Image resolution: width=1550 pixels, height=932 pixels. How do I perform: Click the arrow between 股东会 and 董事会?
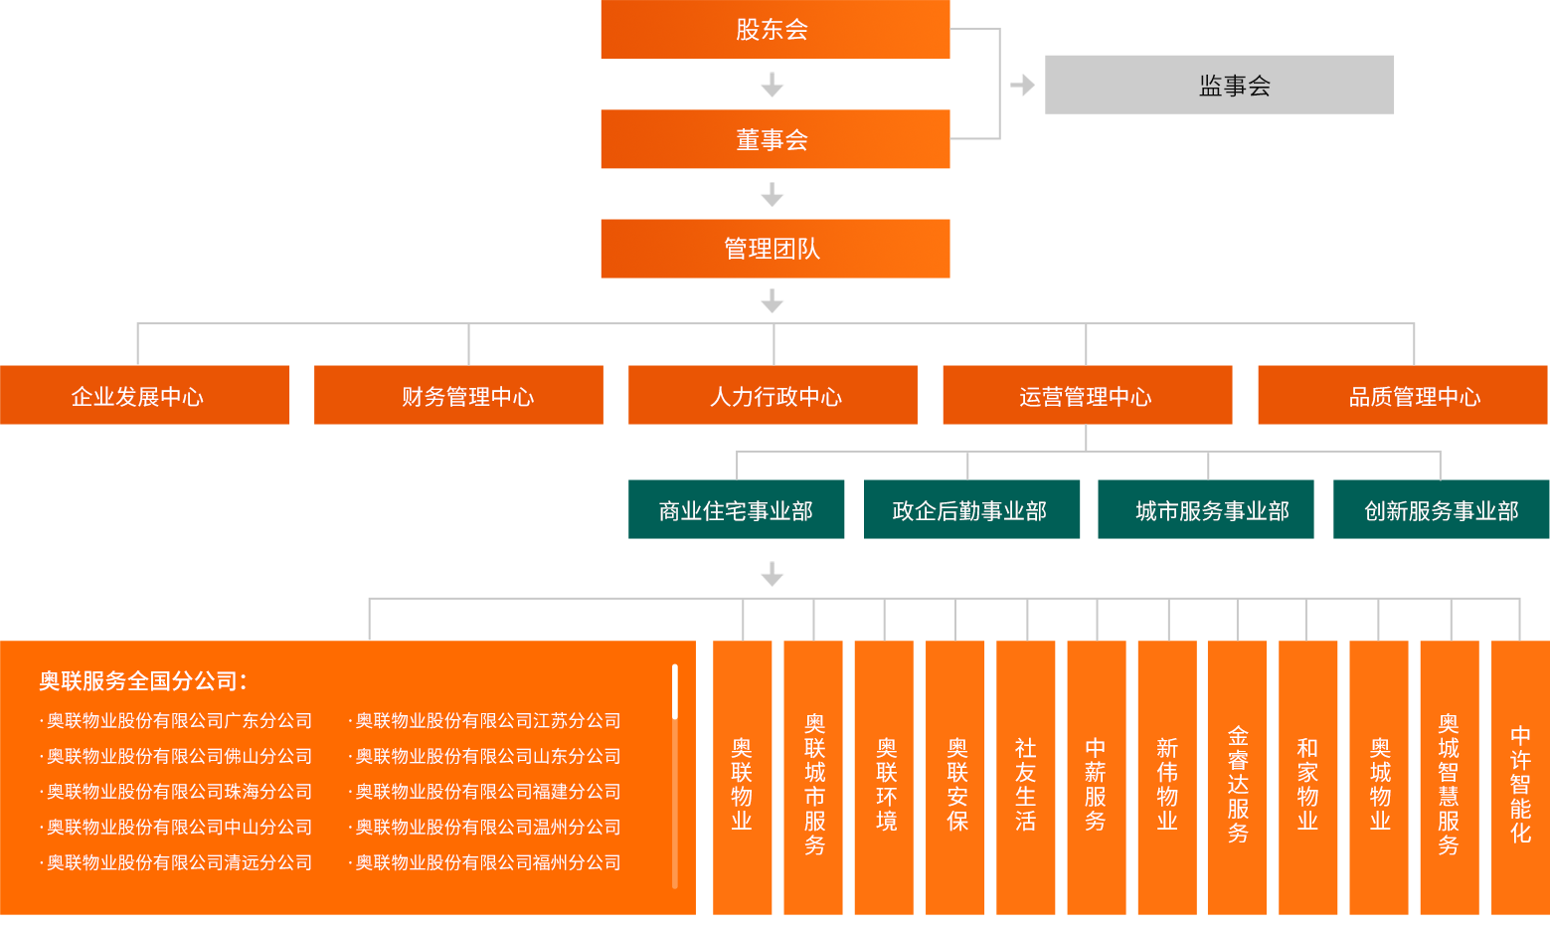tap(773, 85)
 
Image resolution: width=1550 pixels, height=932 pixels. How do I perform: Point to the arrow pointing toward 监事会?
tap(1022, 85)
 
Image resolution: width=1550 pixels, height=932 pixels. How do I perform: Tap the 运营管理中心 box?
tap(1087, 396)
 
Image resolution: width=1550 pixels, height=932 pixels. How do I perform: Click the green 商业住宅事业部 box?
tap(736, 510)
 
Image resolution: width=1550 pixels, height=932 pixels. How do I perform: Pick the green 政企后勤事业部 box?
tap(971, 510)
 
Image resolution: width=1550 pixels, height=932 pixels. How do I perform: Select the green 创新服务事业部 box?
tap(1441, 510)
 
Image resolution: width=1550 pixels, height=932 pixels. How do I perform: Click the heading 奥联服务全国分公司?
tap(143, 681)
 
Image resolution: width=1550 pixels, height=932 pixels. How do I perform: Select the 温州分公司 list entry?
tap(488, 828)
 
